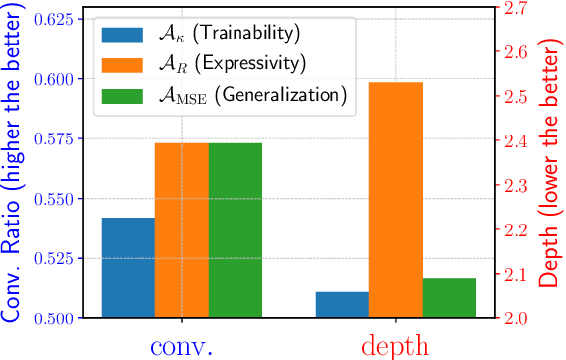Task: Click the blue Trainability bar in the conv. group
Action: [x=128, y=268]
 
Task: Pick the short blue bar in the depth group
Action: [x=341, y=305]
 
